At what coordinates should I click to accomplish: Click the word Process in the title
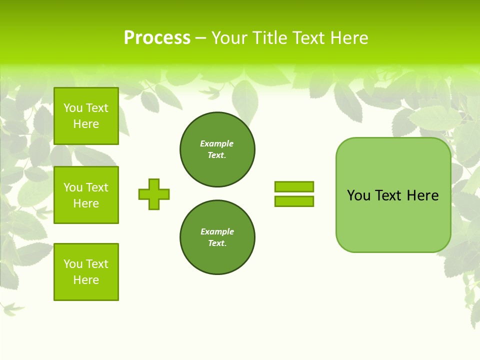point(157,38)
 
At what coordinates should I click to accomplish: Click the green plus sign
point(154,194)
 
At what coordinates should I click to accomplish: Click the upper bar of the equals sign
point(294,186)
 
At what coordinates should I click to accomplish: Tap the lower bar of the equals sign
point(294,201)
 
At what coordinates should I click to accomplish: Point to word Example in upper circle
point(216,143)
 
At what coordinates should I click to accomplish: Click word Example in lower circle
point(217,231)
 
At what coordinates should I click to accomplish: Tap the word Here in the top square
point(86,124)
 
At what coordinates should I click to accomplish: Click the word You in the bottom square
point(72,264)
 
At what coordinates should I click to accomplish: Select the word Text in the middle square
point(96,187)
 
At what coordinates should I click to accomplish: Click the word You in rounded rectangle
point(358,195)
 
